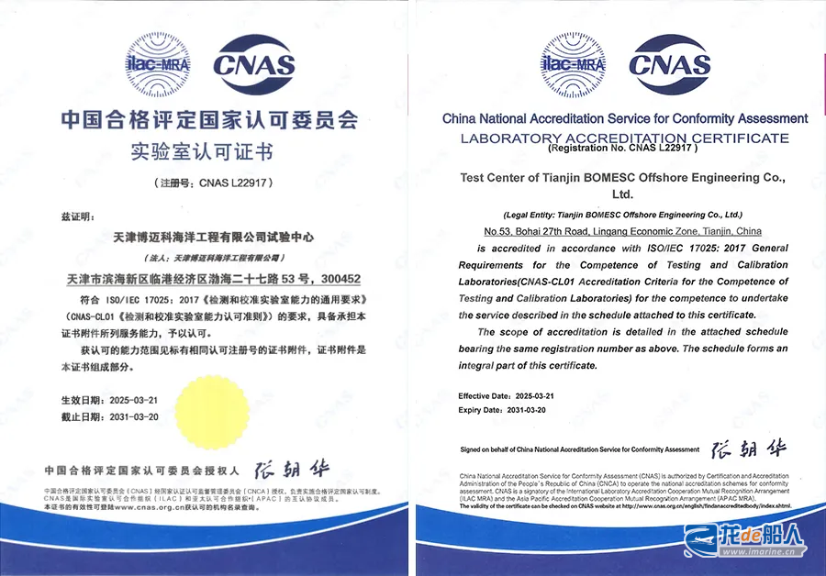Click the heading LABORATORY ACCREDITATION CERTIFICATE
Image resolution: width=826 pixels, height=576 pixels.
tap(625, 138)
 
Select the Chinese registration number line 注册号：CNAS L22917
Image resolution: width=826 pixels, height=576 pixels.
tap(208, 183)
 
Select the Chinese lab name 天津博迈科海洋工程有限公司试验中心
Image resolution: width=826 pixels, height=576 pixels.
tap(209, 237)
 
